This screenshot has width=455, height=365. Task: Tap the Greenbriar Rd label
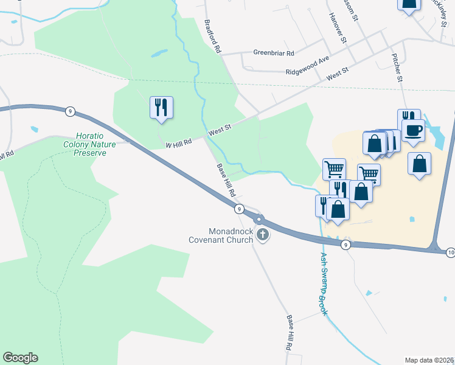274,53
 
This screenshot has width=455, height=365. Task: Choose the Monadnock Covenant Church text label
231,235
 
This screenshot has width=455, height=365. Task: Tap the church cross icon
263,235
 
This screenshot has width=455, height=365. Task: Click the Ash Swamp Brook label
324,284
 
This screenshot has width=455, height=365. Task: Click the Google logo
20,358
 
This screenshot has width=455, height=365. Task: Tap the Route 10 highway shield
450,252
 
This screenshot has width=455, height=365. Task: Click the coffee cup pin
413,131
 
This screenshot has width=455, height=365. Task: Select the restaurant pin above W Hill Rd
161,107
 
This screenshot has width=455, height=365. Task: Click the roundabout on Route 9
260,220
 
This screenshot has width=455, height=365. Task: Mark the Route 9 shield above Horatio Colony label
71,111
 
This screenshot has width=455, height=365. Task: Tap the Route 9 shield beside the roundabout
240,209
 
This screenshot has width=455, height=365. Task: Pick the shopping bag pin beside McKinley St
409,4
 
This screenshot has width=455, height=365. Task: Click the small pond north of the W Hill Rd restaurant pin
159,54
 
